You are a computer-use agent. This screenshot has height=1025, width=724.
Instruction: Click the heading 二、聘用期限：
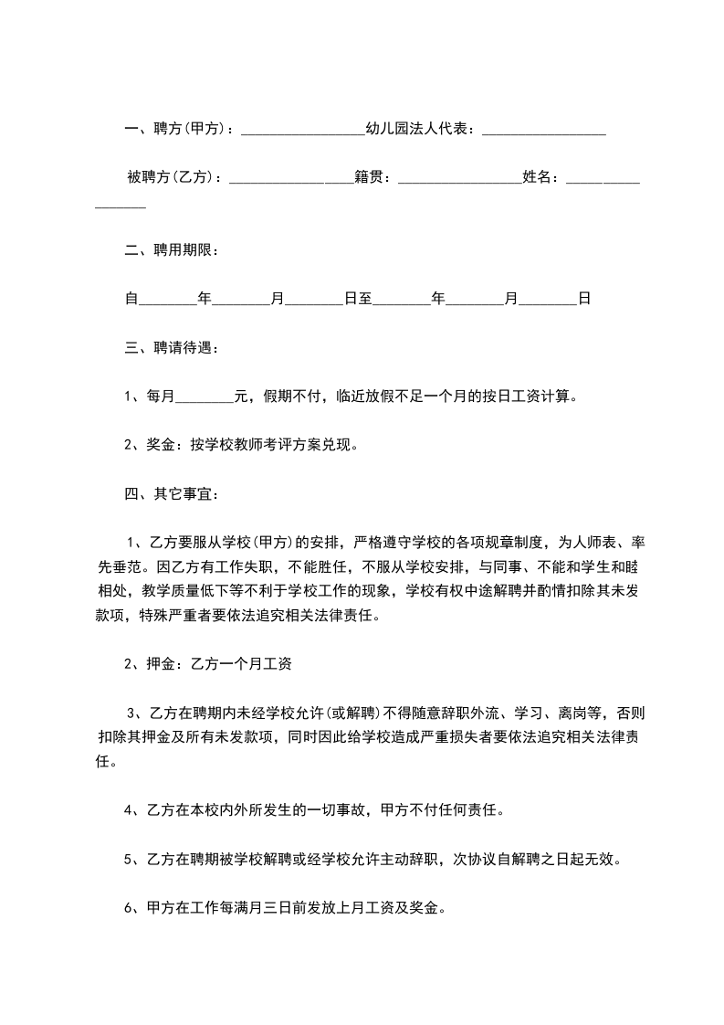172,249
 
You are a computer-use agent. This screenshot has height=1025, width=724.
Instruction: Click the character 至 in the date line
364,298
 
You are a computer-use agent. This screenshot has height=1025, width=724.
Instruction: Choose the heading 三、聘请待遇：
172,347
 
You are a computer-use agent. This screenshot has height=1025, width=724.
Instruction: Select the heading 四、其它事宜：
172,494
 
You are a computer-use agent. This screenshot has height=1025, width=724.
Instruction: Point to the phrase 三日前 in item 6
287,908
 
